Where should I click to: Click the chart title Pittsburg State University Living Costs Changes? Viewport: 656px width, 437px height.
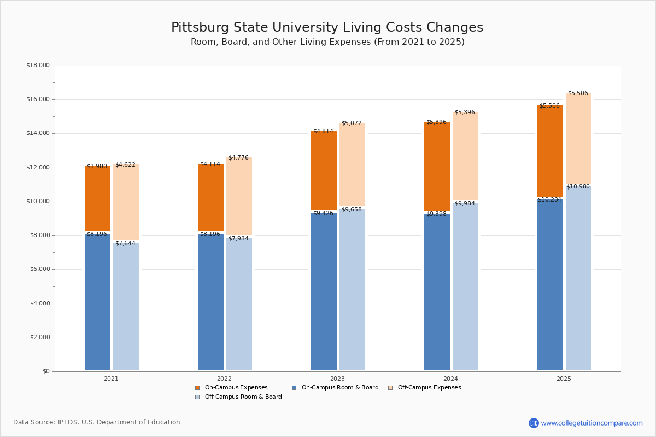coord(327,28)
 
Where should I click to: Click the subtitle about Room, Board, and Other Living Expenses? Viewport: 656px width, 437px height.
coord(327,42)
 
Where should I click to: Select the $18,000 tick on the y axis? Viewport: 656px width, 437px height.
coord(38,66)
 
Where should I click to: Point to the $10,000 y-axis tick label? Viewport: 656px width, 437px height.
coord(38,202)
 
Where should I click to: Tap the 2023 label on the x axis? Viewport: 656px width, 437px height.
coord(337,379)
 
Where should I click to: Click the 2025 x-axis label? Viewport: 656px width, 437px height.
coord(564,379)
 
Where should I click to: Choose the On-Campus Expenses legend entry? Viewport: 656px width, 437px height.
coord(236,388)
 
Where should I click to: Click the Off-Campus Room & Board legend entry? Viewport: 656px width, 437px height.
coord(243,397)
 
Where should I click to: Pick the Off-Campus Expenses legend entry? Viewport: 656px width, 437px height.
coord(429,388)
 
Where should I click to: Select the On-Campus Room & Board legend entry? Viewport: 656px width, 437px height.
coord(339,388)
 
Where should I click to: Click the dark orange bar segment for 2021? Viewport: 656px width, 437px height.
coord(97,198)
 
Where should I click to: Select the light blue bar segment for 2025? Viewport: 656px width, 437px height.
coord(578,279)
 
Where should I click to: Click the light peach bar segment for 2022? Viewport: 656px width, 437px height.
coord(239,197)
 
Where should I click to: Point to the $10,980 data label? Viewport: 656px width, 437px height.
coord(578,187)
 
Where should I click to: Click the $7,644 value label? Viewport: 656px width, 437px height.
coord(125,244)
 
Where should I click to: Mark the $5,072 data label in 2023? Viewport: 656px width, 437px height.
coord(352,123)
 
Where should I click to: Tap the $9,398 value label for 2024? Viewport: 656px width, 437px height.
coord(436,214)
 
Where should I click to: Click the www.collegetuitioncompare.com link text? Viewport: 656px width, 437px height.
coord(591,423)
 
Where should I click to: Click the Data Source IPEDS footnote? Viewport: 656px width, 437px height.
coord(97,422)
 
